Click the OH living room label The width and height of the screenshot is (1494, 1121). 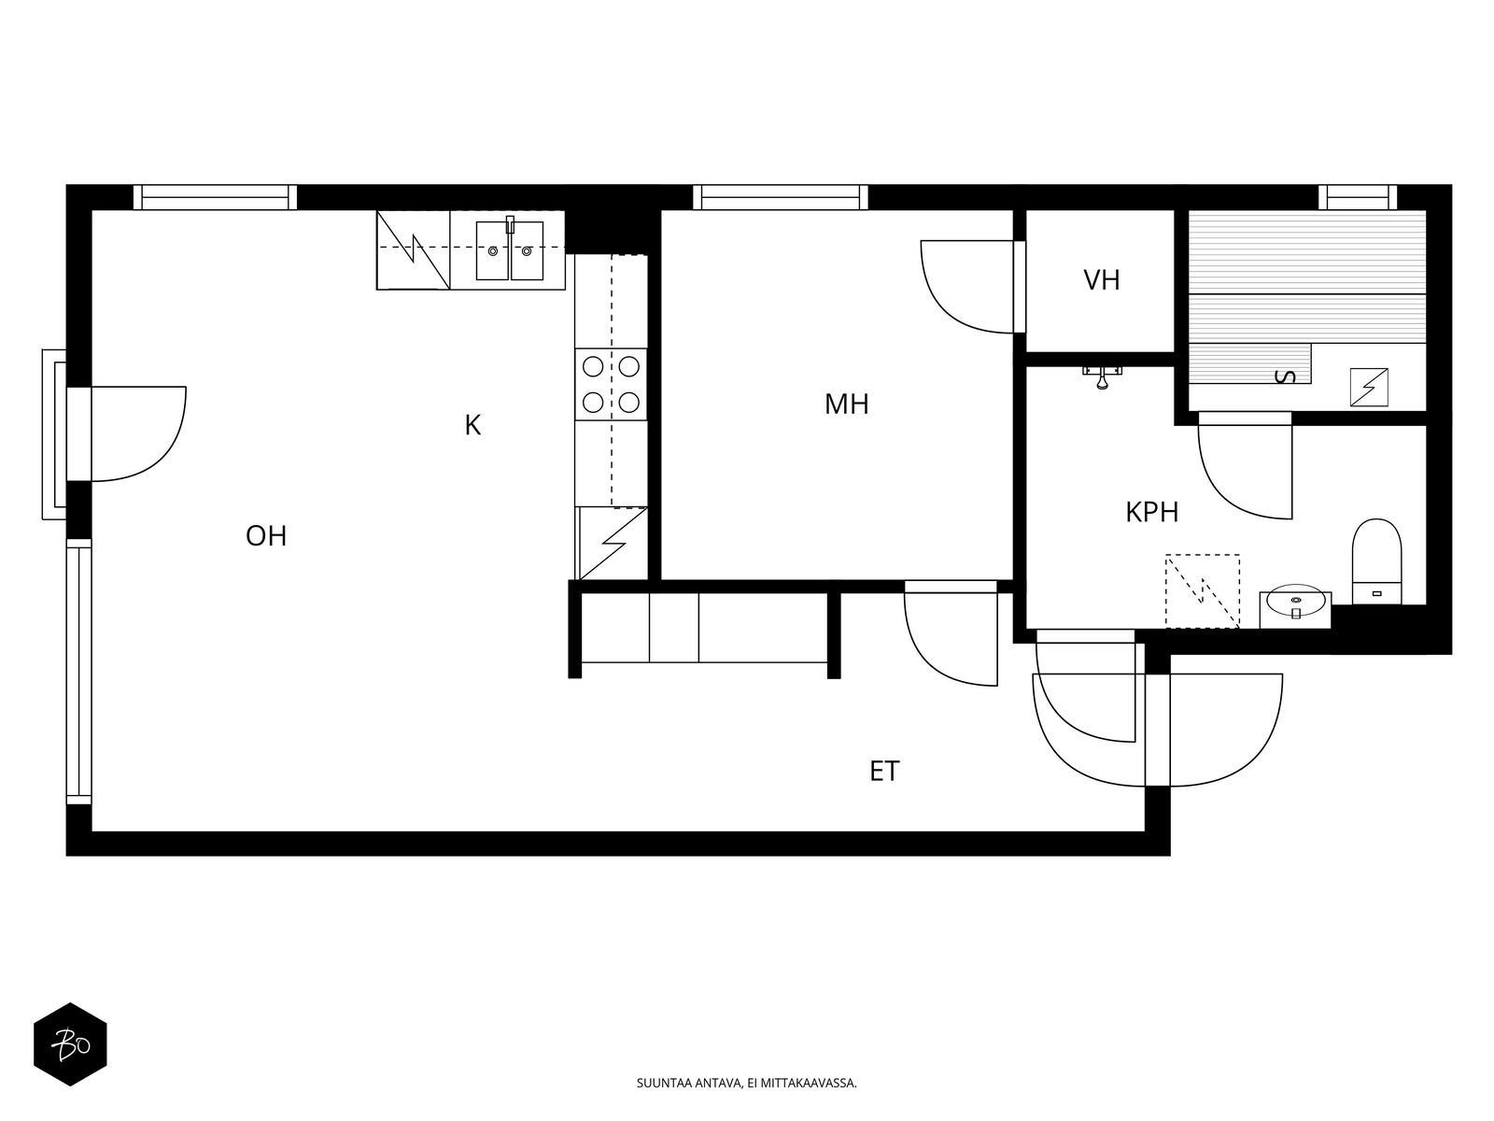click(265, 536)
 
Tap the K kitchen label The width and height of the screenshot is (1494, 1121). click(472, 425)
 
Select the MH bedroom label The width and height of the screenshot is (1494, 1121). click(846, 404)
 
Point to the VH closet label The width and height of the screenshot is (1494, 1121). click(1101, 280)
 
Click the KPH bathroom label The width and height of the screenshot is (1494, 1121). click(1151, 513)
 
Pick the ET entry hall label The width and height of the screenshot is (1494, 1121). click(884, 772)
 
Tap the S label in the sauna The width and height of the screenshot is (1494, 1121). click(1285, 376)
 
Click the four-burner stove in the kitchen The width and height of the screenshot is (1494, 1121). click(611, 385)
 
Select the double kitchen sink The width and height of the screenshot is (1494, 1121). click(509, 249)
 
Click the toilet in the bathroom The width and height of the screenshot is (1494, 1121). click(1376, 561)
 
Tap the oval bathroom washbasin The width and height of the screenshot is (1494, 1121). click(1295, 601)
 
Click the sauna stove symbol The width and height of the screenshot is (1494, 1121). click(1368, 388)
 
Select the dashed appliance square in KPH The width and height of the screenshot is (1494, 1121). click(1202, 590)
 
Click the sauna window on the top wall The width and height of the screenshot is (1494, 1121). click(1357, 197)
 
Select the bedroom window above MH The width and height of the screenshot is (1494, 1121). click(780, 197)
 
